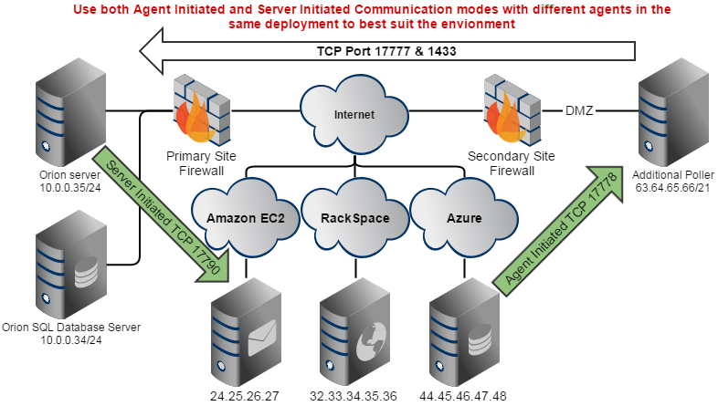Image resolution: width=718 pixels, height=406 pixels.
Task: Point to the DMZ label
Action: [x=578, y=112]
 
